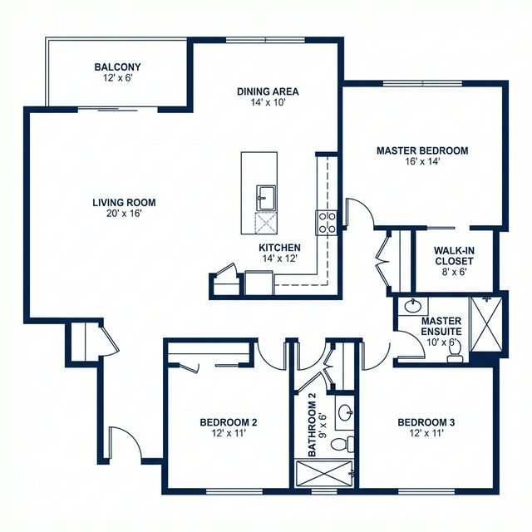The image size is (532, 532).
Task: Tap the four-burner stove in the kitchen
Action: click(326, 221)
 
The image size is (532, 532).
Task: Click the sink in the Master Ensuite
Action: click(410, 308)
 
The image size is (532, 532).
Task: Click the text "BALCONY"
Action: click(117, 67)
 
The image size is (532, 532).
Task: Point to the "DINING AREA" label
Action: click(268, 91)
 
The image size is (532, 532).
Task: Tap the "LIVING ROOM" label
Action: click(124, 202)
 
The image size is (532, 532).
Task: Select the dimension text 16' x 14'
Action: click(421, 162)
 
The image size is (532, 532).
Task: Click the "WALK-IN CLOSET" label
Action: click(455, 254)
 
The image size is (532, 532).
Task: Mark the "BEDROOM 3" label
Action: click(426, 422)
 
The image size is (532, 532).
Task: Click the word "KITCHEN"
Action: click(279, 248)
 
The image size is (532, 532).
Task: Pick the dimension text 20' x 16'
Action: click(124, 214)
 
